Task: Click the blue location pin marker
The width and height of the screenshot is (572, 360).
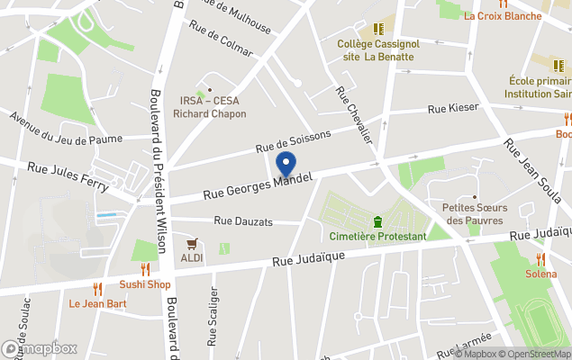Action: tap(286, 165)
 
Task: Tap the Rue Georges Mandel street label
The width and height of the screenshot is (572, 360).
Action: tap(258, 186)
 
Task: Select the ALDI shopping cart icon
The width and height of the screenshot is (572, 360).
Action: tap(192, 244)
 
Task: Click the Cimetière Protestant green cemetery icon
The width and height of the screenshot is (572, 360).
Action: tap(377, 221)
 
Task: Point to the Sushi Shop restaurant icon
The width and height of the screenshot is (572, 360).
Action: tap(145, 269)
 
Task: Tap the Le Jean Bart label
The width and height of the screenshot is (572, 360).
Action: tap(97, 303)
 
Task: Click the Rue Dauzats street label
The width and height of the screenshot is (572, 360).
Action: tap(243, 220)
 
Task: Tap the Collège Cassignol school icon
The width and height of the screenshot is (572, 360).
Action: tap(377, 29)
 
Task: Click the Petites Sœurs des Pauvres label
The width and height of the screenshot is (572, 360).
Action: tap(476, 213)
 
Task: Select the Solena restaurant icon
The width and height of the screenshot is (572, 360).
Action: tap(540, 259)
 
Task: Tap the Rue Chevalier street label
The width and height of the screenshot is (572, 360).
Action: tap(353, 114)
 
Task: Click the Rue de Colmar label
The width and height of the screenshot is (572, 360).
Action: tap(221, 38)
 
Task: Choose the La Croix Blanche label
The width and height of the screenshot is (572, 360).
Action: tap(503, 15)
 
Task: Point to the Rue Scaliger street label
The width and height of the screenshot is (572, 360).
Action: tap(213, 316)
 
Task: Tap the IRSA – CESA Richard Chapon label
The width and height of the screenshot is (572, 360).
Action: tap(209, 108)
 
